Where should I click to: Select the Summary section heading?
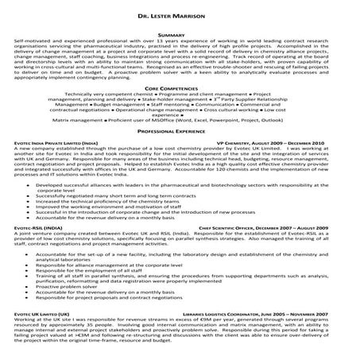tap(180, 36)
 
